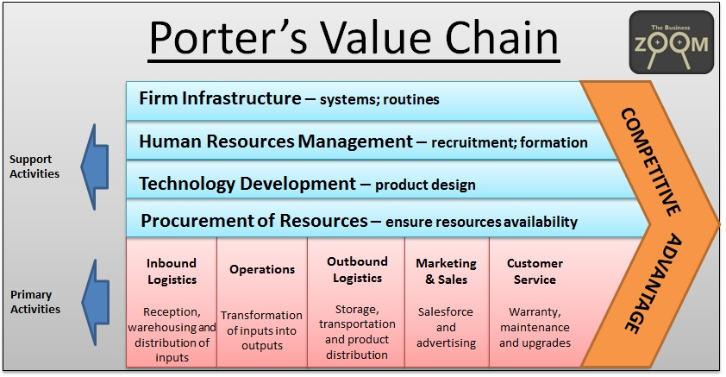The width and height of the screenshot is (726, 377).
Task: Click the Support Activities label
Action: click(34, 167)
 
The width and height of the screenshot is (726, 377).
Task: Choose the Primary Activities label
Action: click(34, 302)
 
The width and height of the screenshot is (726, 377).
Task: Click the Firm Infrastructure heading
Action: click(219, 98)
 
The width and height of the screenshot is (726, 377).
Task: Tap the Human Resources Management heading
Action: click(276, 141)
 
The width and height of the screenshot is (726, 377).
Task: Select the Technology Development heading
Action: click(247, 183)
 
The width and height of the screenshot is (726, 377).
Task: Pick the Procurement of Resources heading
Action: click(255, 221)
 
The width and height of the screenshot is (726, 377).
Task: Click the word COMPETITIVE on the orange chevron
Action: click(649, 160)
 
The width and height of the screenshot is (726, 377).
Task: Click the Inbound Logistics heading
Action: click(171, 271)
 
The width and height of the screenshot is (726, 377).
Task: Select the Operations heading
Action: click(262, 269)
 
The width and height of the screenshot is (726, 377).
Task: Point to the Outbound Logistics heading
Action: click(357, 269)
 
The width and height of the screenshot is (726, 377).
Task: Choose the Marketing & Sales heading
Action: click(446, 271)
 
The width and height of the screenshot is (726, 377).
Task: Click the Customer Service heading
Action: click(535, 271)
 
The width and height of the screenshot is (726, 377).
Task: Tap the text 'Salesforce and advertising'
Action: click(446, 327)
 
